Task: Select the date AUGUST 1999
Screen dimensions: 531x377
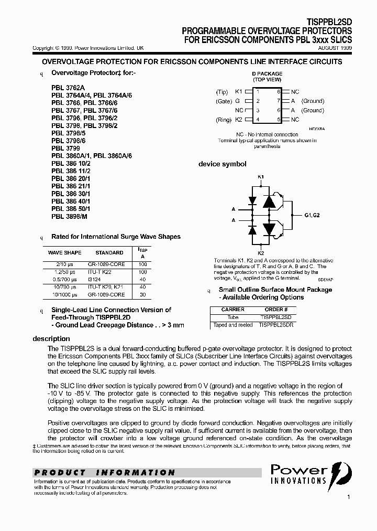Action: coord(335,48)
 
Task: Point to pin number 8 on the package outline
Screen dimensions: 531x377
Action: coord(280,91)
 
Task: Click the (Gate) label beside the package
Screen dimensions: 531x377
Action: coord(223,101)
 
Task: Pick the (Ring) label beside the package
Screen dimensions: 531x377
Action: coord(223,120)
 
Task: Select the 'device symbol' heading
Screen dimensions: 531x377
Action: coord(222,164)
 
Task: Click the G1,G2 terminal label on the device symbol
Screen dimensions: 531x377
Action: coord(313,215)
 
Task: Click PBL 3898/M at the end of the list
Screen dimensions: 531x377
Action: coord(69,216)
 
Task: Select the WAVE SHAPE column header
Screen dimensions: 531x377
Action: coord(64,252)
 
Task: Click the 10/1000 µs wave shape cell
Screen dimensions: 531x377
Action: coord(64,294)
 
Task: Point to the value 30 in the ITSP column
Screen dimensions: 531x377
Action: coord(142,294)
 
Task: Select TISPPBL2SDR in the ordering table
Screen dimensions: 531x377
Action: coord(276,325)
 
